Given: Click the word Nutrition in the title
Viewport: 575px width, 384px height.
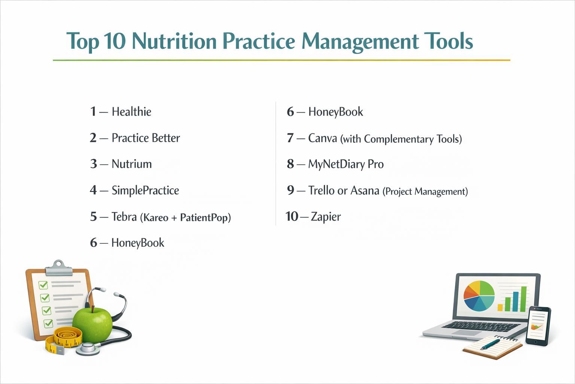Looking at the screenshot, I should [x=174, y=41].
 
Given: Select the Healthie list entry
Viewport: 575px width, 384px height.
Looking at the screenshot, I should [x=131, y=112].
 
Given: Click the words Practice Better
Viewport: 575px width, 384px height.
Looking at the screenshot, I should [x=146, y=138].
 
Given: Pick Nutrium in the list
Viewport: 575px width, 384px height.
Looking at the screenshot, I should [x=131, y=164].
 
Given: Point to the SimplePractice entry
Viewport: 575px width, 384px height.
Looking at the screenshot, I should [x=145, y=190].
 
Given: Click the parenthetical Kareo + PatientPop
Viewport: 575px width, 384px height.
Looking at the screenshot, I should [x=185, y=217].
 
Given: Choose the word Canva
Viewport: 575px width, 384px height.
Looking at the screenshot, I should [x=322, y=138].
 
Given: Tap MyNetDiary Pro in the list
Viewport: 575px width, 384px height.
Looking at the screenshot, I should [x=346, y=164].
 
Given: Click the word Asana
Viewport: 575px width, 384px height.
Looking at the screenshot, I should [x=365, y=191].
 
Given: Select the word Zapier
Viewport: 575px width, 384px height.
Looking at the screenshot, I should [x=326, y=217].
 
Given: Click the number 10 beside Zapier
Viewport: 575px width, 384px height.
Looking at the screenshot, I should [x=292, y=216].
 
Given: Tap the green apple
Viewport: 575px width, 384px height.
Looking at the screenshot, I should [x=92, y=325].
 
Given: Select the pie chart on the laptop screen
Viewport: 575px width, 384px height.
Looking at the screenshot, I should [x=479, y=296].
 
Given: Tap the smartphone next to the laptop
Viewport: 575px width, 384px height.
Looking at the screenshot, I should [x=538, y=325].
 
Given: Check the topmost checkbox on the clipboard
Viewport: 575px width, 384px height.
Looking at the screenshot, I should [x=43, y=285].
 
